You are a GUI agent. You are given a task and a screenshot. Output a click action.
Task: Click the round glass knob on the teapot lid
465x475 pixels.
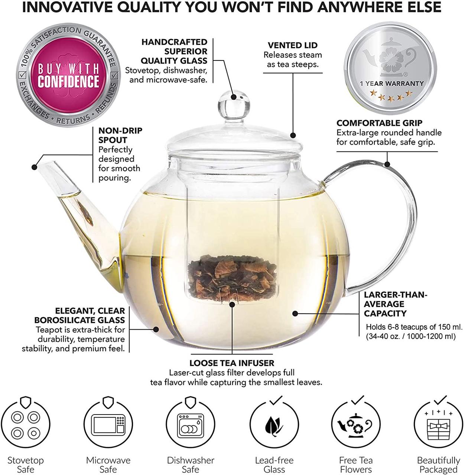click(x=234, y=105)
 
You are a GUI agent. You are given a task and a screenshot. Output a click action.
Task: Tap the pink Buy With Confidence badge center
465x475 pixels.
click(x=69, y=75)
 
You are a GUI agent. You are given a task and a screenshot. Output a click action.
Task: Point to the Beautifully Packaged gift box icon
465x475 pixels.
click(x=439, y=424)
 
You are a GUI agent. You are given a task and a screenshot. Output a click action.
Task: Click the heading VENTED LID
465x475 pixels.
click(x=293, y=45)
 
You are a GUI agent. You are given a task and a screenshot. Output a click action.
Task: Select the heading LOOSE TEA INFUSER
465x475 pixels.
click(x=232, y=363)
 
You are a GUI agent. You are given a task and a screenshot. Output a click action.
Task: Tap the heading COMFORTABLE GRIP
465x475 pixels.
click(x=379, y=123)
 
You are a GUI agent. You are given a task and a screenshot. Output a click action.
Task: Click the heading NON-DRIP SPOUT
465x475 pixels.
click(x=120, y=135)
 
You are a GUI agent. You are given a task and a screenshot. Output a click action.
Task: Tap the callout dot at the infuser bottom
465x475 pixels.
click(x=232, y=304)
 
